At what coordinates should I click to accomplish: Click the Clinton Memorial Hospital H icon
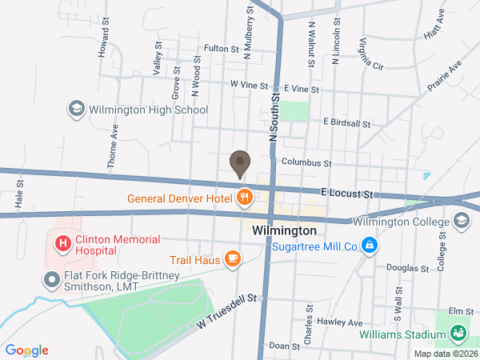click(x=61, y=241)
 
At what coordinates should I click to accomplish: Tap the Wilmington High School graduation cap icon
click(x=77, y=110)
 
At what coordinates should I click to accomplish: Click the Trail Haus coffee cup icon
click(x=232, y=258)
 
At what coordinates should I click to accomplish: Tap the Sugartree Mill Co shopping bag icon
click(x=369, y=246)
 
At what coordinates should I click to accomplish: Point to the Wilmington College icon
click(x=462, y=220)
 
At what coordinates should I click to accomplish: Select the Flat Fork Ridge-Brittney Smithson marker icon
click(x=50, y=279)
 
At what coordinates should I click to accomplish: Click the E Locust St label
click(x=349, y=194)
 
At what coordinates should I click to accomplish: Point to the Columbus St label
click(x=306, y=162)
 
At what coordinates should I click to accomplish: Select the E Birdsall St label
click(x=346, y=123)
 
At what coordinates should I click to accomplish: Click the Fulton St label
click(x=222, y=49)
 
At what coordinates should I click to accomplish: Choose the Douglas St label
click(x=403, y=268)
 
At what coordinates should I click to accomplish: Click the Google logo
click(x=27, y=350)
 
